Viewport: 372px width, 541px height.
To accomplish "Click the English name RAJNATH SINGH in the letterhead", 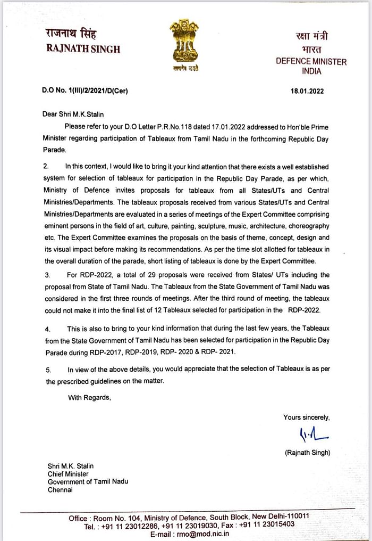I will pos(83,50).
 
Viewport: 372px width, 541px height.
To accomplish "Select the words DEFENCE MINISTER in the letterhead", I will pos(311,61).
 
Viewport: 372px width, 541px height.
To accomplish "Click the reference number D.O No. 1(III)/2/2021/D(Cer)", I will pos(85,91).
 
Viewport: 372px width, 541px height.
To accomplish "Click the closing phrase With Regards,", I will pos(89,397).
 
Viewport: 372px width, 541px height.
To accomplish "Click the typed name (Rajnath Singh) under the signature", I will pos(307,453).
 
